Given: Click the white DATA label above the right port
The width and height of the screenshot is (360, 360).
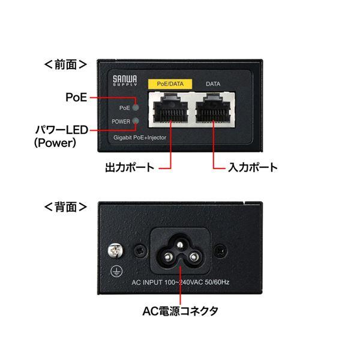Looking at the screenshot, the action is coord(212,84).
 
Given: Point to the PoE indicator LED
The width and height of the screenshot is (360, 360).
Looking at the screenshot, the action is coord(136,108).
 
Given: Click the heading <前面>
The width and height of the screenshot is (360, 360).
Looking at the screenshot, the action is coord(66,62).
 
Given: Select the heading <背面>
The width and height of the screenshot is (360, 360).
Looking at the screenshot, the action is coord(66,207).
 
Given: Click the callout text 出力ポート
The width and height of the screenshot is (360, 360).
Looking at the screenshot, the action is coord(129,167).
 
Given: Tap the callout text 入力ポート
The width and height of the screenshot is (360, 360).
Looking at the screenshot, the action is coord(253,167).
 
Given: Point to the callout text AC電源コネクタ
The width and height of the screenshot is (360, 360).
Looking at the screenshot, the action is coord(181,311).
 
